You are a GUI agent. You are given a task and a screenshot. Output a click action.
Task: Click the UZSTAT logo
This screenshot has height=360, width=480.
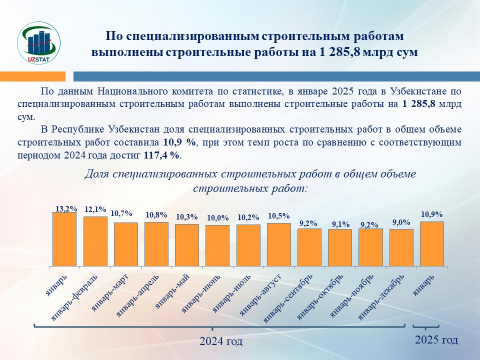(x=38, y=43)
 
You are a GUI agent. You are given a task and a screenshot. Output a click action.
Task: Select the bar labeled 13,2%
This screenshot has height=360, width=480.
(x=64, y=239)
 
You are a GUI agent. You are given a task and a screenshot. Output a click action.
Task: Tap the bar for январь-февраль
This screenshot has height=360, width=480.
(x=95, y=241)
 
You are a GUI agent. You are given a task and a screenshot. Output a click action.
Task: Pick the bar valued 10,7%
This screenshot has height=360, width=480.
(x=125, y=244)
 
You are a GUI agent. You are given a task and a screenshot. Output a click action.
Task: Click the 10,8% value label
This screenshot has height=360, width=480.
(x=156, y=215)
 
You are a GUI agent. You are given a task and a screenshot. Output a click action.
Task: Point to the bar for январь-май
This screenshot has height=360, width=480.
(x=187, y=245)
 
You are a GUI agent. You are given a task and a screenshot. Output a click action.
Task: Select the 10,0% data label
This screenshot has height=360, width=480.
(x=217, y=218)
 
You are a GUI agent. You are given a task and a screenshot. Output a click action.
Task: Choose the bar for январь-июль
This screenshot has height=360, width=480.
(x=248, y=245)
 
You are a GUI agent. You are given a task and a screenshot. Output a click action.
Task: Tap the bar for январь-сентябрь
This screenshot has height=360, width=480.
(x=309, y=247)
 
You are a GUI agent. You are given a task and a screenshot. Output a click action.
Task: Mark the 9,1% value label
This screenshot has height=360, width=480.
(x=340, y=224)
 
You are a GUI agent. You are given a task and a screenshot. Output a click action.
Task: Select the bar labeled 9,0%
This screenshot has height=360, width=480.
(x=401, y=247)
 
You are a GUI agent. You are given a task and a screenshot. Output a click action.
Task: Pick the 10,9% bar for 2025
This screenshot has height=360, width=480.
(x=432, y=243)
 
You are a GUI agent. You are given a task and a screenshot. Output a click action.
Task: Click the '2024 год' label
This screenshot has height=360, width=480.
(x=221, y=342)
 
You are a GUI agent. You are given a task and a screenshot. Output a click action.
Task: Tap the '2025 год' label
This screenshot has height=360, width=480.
(x=436, y=340)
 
